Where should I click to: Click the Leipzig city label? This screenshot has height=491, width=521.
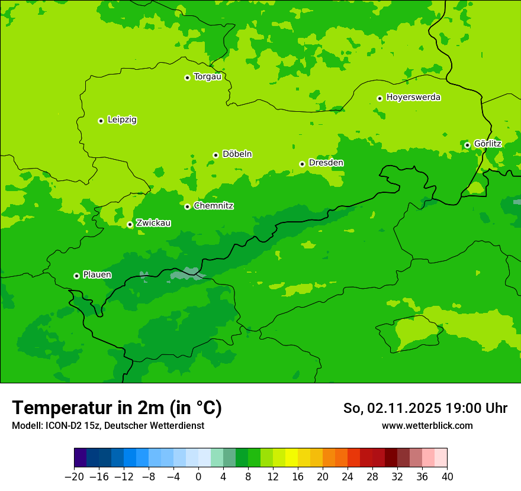tap(122, 120)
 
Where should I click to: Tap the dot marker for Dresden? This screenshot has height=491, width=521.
tap(302, 164)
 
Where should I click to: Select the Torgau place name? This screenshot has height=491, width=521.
tap(207, 77)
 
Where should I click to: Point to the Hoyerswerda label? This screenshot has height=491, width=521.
tap(413, 98)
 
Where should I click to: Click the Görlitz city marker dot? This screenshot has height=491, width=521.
tap(467, 145)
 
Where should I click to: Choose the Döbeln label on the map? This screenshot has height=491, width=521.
tap(237, 154)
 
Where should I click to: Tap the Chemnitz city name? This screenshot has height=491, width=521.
tap(213, 206)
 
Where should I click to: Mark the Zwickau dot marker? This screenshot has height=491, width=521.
tap(130, 225)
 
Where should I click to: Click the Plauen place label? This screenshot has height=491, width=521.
tap(97, 275)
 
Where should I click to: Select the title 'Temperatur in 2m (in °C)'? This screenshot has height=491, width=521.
tap(117, 408)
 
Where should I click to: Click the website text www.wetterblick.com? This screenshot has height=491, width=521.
tap(427, 425)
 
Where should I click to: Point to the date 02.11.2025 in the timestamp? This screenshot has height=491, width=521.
tap(404, 408)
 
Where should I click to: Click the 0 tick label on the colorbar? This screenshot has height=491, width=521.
tap(198, 477)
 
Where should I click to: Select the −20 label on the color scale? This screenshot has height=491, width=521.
tap(74, 477)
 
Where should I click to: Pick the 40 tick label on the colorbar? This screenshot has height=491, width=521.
tap(447, 477)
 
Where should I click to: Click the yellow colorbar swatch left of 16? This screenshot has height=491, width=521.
tap(291, 458)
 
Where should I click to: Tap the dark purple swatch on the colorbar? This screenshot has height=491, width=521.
tap(80, 458)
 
